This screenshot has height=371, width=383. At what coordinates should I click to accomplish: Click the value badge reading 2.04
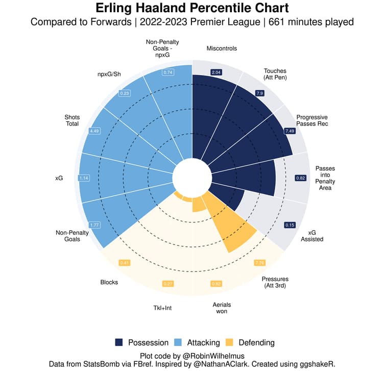click(216, 73)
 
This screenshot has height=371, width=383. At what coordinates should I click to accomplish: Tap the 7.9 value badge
click(259, 93)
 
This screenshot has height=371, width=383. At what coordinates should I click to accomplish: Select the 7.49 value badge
click(290, 131)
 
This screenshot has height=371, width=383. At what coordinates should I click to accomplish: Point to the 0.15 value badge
click(290, 225)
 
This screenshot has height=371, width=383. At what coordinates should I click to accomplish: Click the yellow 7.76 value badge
click(260, 263)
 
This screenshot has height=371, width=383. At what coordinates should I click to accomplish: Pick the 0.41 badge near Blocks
click(124, 263)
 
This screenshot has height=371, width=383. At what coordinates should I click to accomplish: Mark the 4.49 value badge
click(94, 131)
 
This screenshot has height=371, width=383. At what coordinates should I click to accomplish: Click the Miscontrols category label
click(222, 48)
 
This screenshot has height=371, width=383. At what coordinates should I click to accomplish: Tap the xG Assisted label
click(312, 235)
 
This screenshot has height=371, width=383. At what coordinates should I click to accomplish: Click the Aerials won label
click(220, 307)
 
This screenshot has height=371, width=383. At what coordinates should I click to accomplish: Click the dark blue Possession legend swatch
click(119, 342)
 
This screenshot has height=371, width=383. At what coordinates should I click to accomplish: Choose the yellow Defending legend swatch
click(230, 342)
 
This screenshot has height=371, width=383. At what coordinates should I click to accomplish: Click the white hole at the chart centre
click(192, 178)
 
